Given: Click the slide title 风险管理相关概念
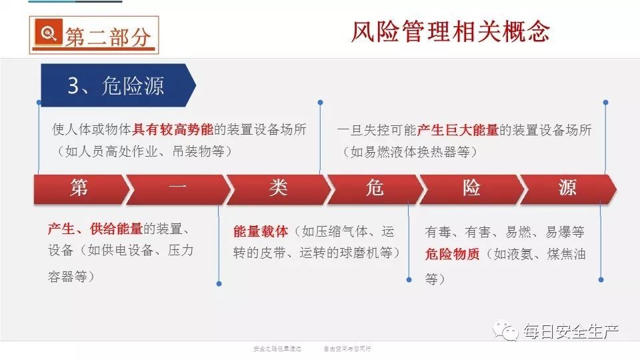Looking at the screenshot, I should tap(450, 31).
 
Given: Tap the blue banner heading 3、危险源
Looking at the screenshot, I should tap(116, 86).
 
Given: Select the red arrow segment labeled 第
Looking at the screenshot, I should tap(79, 189).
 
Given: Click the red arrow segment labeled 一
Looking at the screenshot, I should tap(177, 189).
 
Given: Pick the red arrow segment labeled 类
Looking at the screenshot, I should tap(278, 189).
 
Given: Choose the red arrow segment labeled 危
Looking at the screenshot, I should tap(374, 189).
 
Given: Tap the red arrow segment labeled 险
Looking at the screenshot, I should tap(471, 189).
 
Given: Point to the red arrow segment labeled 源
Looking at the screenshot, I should tap(567, 189).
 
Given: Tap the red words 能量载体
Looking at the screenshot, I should tap(261, 231).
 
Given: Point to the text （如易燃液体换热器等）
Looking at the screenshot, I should tap(410, 152).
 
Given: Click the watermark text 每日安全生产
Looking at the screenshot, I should tap(571, 331).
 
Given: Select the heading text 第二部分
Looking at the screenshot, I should tap(108, 37).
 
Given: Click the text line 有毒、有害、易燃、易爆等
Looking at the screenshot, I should tap(505, 232).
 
